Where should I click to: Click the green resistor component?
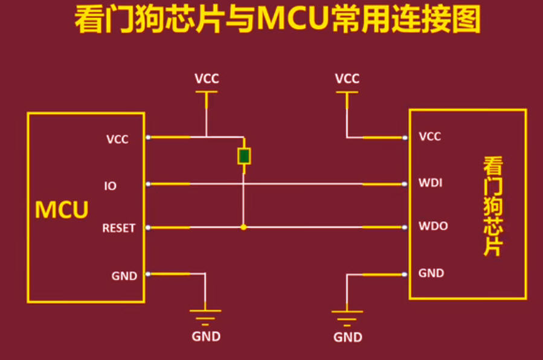pyautogui.click(x=244, y=156)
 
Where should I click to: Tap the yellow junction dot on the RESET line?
pyautogui.click(x=243, y=228)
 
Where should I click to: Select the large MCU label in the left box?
pyautogui.click(x=62, y=210)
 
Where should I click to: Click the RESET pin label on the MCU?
pyautogui.click(x=118, y=228)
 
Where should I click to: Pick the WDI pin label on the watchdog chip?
pyautogui.click(x=431, y=182)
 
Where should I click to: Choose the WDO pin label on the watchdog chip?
pyautogui.click(x=432, y=227)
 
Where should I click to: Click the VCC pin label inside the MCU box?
pyautogui.click(x=117, y=139)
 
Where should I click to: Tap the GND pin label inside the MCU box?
pyautogui.click(x=124, y=276)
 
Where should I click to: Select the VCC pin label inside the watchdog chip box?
pyautogui.click(x=430, y=137)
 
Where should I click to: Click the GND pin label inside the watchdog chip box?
pyautogui.click(x=431, y=273)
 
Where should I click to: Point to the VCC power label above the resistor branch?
pyautogui.click(x=207, y=79)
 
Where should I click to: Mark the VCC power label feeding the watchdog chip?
pyautogui.click(x=347, y=79)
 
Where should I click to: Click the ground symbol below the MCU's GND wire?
pyautogui.click(x=206, y=315)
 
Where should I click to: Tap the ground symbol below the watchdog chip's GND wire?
pyautogui.click(x=347, y=315)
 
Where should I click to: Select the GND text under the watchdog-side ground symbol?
pyautogui.click(x=347, y=337)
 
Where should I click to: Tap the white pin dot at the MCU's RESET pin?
pyautogui.click(x=147, y=228)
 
